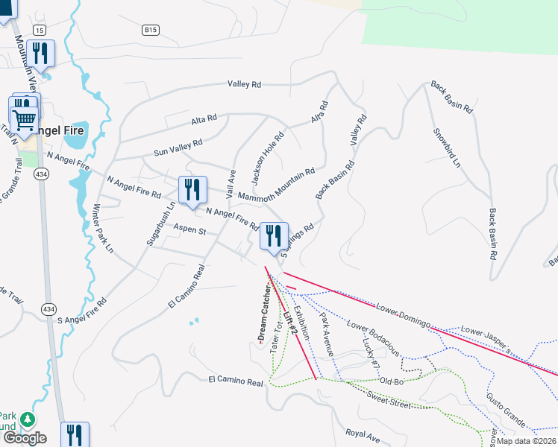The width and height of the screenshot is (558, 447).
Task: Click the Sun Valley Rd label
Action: pos(178,148)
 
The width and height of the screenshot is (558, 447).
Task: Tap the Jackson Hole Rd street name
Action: pos(269,159)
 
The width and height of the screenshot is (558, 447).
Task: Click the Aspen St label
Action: pos(189,230)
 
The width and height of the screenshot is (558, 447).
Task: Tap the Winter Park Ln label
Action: pos(102,228)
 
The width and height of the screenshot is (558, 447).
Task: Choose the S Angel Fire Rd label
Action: pos(82,312)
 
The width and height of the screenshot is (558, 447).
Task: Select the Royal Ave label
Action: pos(363,434)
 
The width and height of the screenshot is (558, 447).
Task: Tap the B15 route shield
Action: pos(151,30)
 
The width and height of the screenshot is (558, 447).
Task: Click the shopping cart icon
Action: pos(24,119)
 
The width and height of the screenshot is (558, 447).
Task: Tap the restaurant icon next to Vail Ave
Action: pos(192,190)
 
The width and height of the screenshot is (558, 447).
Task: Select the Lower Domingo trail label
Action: pos(404,315)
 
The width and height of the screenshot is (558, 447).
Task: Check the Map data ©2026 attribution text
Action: pos(525,440)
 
